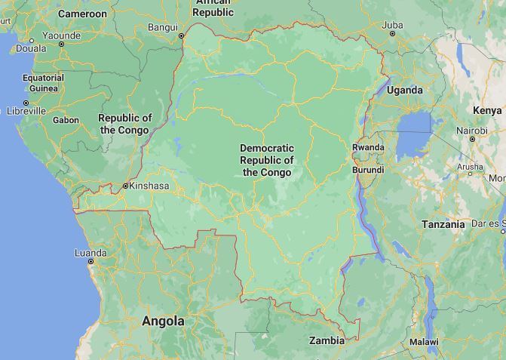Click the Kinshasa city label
tap(149, 186)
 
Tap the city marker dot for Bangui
tap(181, 35)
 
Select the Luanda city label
tap(90, 253)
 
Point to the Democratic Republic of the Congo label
tap(267, 160)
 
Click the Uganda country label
tap(405, 90)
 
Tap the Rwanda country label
tap(368, 147)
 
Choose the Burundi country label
tap(368, 171)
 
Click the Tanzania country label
tap(443, 225)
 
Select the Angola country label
tap(163, 321)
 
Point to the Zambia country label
tap(327, 340)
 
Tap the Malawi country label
tap(424, 342)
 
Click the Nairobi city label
tap(471, 131)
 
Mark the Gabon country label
tap(66, 120)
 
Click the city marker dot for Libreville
tap(26, 103)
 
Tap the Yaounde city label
tap(61, 35)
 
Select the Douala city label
tap(31, 48)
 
